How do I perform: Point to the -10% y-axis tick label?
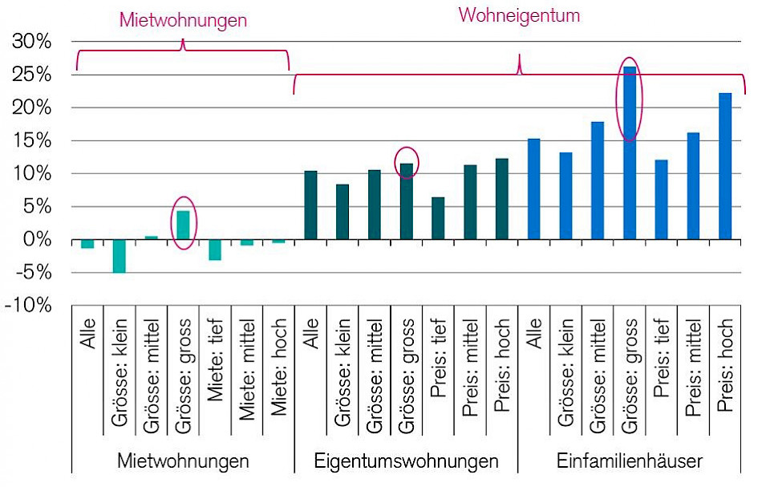pyautogui.click(x=29, y=306)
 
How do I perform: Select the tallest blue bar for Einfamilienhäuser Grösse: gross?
pyautogui.click(x=630, y=152)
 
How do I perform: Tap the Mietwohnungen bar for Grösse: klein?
pyautogui.click(x=119, y=256)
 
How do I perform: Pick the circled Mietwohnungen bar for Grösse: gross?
pyautogui.click(x=183, y=225)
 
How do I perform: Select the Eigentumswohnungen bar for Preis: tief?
pyautogui.click(x=438, y=218)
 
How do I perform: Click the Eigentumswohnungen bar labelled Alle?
pyautogui.click(x=310, y=205)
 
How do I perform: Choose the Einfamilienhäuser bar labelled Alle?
pyautogui.click(x=534, y=189)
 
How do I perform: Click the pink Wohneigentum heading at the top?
pyautogui.click(x=519, y=15)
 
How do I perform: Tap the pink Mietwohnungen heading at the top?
pyautogui.click(x=183, y=20)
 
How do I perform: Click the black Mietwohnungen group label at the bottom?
pyautogui.click(x=183, y=461)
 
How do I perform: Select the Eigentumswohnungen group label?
pyautogui.click(x=406, y=461)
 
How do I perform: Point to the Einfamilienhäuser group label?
pyautogui.click(x=630, y=461)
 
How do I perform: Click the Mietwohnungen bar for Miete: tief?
pyautogui.click(x=215, y=250)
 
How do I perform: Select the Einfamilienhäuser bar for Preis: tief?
pyautogui.click(x=661, y=200)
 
